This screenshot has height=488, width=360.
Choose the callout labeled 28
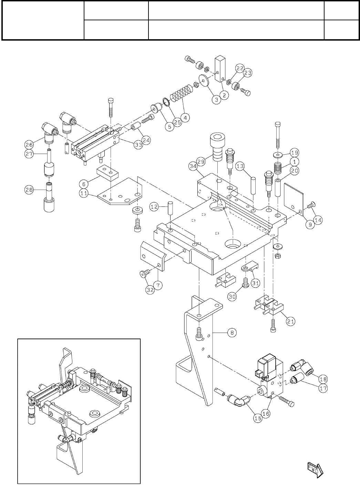(29, 189)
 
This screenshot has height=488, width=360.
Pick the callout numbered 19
(295, 152)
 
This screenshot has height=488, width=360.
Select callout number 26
(29, 144)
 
